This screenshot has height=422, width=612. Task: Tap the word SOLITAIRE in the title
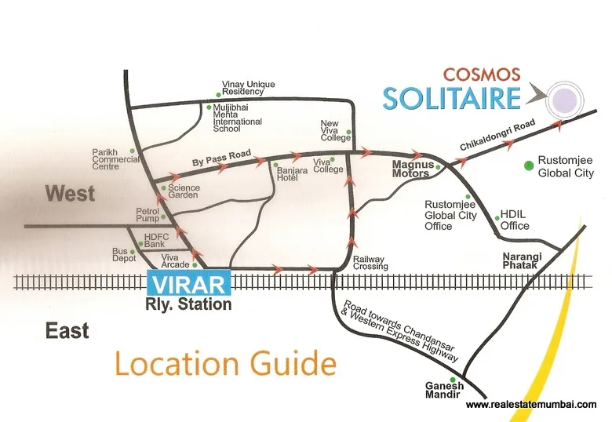tap(452, 99)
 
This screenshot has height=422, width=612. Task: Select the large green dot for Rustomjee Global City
tap(529, 166)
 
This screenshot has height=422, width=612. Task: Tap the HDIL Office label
tap(515, 220)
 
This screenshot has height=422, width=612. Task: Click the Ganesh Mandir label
tap(445, 391)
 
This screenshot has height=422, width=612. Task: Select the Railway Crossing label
tap(370, 262)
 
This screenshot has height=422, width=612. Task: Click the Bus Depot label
tap(125, 256)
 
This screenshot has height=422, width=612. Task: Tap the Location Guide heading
tap(225, 365)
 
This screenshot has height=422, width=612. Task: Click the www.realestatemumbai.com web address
tap(531, 405)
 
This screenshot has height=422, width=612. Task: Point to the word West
tap(70, 193)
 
